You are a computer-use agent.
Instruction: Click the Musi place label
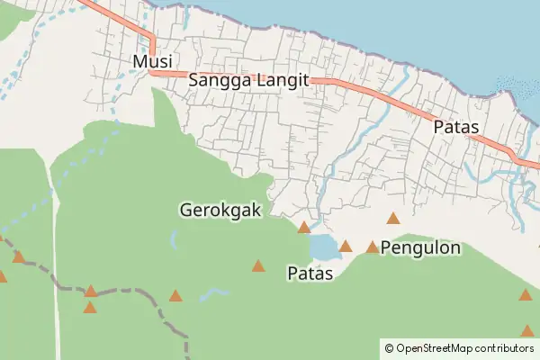(x=151, y=61)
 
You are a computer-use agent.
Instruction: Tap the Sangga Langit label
(x=249, y=80)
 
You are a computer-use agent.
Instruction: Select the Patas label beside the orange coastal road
(x=455, y=128)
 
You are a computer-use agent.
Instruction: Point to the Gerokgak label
(x=220, y=210)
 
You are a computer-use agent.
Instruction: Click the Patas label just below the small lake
(x=310, y=272)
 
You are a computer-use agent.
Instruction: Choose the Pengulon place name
(x=421, y=247)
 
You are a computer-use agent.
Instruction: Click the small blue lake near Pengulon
(x=321, y=246)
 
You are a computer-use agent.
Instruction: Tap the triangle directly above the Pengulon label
(x=392, y=218)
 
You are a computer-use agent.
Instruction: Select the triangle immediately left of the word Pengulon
(x=372, y=247)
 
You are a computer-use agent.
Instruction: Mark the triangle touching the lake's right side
(x=345, y=245)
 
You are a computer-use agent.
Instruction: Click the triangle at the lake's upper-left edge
(x=304, y=228)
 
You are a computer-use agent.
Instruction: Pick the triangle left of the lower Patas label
(x=258, y=265)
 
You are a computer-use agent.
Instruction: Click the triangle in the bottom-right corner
(x=526, y=330)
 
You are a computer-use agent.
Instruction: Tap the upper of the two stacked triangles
(x=91, y=290)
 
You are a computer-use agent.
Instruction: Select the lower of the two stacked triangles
(x=90, y=307)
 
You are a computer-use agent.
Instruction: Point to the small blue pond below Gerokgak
(x=173, y=239)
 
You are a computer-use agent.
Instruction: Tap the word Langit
(x=283, y=80)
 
